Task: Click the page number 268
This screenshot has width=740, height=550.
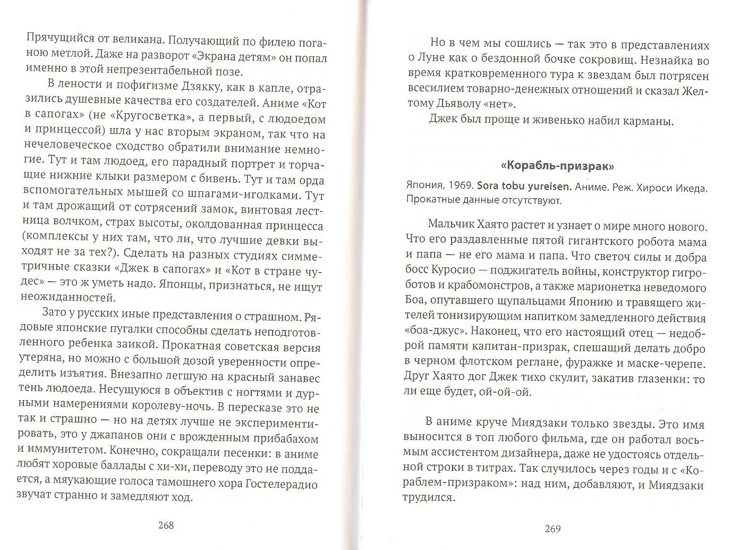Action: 166,526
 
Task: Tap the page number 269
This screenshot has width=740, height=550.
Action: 552,529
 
